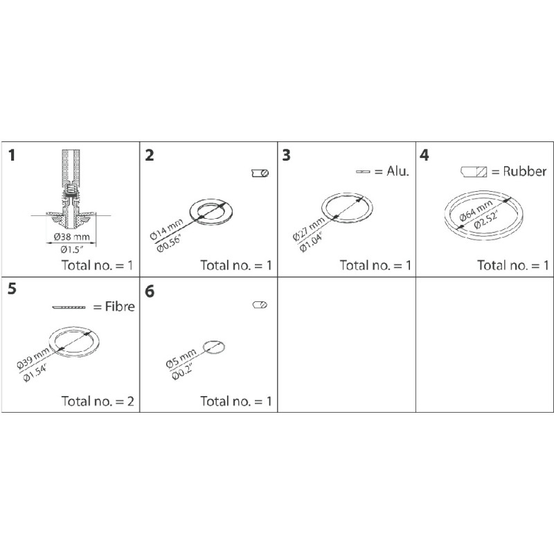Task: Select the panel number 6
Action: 150,292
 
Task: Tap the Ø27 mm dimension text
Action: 307,227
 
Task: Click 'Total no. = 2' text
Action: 96,400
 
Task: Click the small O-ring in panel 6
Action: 213,348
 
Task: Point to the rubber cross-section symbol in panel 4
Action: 475,171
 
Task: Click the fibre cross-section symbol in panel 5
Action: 70,307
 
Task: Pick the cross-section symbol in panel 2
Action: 260,172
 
